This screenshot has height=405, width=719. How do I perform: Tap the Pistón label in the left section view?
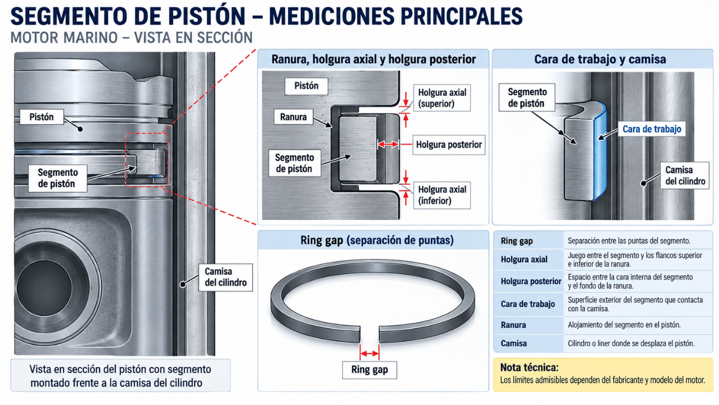42,117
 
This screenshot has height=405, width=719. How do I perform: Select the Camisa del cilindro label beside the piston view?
225,277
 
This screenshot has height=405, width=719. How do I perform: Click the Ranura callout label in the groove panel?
293,116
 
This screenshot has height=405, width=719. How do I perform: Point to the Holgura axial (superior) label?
442,98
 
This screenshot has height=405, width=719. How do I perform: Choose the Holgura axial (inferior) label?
442,195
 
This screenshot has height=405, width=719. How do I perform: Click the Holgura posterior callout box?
449,145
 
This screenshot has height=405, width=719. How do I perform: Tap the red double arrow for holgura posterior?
388,145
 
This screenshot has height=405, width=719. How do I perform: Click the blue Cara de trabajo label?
652,129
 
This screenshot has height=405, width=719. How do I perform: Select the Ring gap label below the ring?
370,370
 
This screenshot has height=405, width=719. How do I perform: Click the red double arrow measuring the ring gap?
370,354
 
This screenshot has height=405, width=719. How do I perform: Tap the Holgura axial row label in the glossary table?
524,259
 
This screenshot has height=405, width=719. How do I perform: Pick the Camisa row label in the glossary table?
513,343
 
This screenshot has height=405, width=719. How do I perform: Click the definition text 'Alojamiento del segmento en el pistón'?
624,325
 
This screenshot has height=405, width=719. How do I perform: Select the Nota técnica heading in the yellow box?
529,367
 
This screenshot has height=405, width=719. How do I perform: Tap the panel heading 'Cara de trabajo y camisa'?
600,59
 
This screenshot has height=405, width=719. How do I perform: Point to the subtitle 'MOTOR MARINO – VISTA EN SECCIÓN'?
131,38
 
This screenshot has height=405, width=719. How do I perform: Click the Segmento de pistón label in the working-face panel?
527,97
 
